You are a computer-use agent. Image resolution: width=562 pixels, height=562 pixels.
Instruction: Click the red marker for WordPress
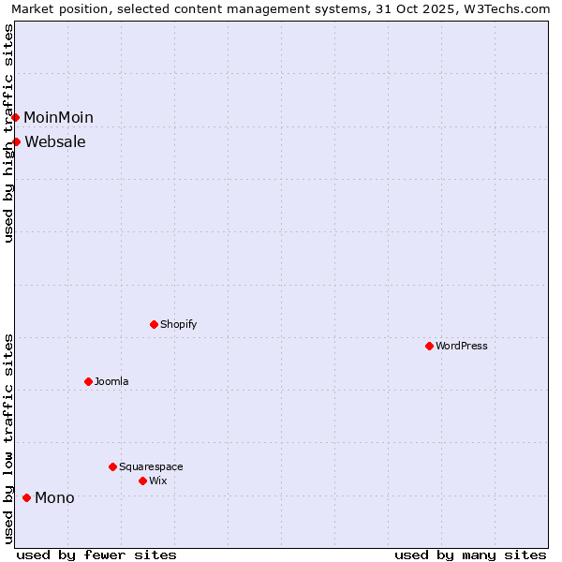point(429,346)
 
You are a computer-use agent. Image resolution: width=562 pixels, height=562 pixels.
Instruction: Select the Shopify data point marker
point(154,324)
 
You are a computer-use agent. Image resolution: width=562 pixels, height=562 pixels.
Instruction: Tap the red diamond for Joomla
point(88,381)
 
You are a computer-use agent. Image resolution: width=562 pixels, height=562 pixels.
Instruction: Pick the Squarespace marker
point(112,466)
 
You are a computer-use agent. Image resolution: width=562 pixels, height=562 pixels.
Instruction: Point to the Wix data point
point(142,481)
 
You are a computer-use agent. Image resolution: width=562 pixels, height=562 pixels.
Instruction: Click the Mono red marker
point(26,497)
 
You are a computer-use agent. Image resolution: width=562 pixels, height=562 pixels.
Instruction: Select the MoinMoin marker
point(16,117)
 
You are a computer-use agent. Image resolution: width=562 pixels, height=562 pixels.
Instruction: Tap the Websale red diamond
point(17,141)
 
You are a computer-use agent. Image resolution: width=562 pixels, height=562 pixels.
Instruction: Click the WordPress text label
point(462,347)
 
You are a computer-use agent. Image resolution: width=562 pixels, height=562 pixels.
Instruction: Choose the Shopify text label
point(178,325)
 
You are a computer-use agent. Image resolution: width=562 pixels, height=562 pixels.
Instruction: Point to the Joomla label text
point(111,382)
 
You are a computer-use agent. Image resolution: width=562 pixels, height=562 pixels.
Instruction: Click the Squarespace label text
point(151,467)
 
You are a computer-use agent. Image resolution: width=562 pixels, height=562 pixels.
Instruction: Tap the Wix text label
point(158,481)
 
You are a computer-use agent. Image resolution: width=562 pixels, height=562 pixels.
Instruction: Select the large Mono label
point(54,498)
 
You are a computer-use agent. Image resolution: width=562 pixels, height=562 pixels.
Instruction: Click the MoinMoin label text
point(58,118)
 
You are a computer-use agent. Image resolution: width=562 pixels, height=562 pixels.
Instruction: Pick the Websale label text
point(55,142)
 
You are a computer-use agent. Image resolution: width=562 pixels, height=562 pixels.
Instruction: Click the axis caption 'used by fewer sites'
point(96,555)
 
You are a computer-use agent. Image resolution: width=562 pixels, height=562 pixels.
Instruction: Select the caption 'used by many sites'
point(470,555)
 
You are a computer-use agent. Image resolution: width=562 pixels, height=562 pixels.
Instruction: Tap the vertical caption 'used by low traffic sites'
point(8,438)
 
